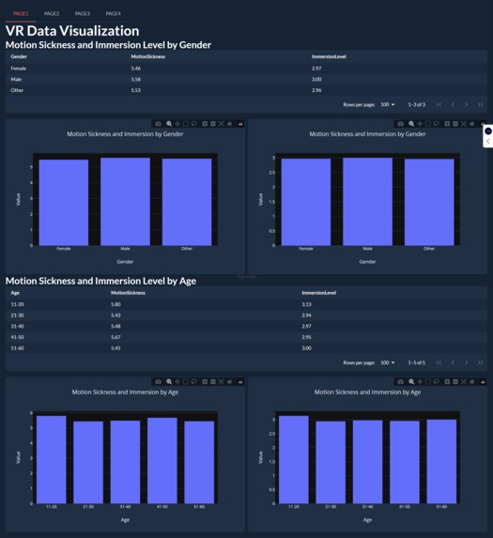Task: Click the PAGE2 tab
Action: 52,14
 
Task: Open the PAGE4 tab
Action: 114,14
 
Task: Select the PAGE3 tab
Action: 83,14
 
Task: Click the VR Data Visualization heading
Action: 72,31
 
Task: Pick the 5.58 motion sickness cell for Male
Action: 136,80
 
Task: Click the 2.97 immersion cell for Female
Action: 316,69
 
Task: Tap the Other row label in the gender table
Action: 18,90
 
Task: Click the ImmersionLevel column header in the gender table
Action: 329,56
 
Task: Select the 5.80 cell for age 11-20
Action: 116,304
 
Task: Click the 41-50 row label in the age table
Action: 18,337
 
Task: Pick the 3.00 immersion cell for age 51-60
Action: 306,348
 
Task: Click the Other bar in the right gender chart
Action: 429,201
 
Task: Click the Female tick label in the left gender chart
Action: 64,249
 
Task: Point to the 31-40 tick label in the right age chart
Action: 367,507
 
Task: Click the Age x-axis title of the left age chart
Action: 125,519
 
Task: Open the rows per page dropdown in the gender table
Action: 387,104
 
